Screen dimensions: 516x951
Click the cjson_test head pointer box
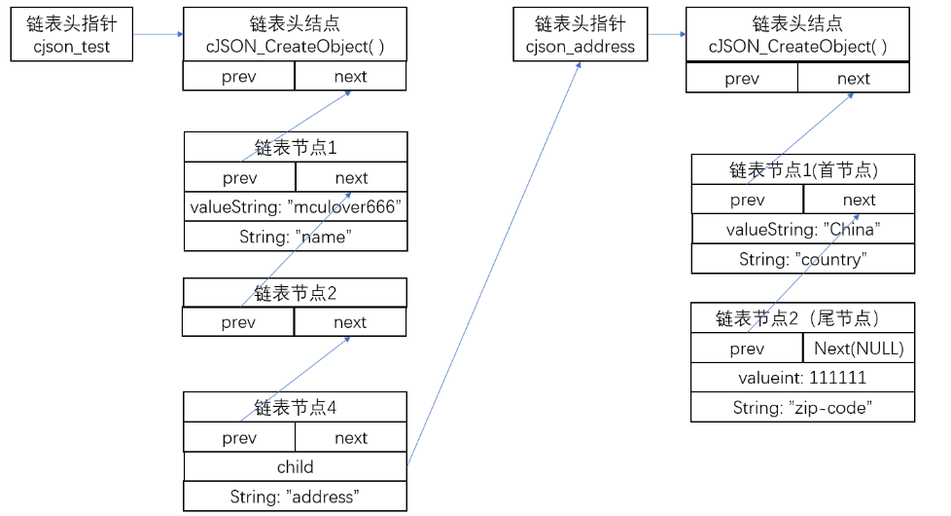(x=71, y=34)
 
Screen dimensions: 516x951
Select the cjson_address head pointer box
(x=580, y=34)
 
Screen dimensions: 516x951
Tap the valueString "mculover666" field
(x=295, y=206)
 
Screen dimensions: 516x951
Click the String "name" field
(x=295, y=236)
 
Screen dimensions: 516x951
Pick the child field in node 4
(x=295, y=467)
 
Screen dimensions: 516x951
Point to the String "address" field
(x=295, y=497)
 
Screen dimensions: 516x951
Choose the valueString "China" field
(x=802, y=229)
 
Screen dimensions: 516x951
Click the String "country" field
(x=802, y=259)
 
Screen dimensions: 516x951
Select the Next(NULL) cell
(x=859, y=349)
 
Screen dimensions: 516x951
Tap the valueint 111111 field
(x=802, y=378)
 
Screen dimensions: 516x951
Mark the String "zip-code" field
(x=802, y=408)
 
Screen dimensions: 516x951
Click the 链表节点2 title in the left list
(x=295, y=292)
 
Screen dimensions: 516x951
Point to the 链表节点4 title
(x=295, y=407)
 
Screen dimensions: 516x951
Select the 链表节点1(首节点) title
(x=802, y=169)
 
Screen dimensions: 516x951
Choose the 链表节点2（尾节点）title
(x=802, y=317)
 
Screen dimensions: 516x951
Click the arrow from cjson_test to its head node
(x=158, y=35)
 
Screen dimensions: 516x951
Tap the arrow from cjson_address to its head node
(x=666, y=35)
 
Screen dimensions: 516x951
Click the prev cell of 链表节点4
(x=239, y=438)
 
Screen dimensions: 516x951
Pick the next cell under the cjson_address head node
(x=854, y=79)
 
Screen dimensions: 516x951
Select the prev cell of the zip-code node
(x=747, y=349)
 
